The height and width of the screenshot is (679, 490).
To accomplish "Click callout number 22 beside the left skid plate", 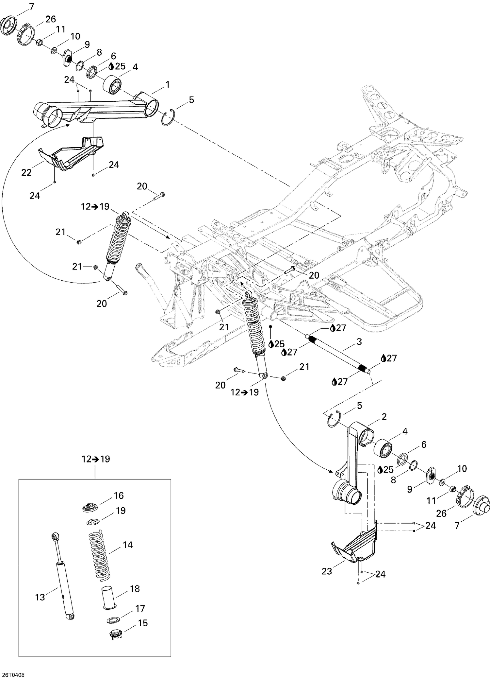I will (x=26, y=172).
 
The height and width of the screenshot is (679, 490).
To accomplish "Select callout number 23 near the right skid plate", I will (x=327, y=571).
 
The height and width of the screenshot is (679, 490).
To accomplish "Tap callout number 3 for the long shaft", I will (x=359, y=342).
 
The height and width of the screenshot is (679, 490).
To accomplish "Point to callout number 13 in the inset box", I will (x=40, y=597).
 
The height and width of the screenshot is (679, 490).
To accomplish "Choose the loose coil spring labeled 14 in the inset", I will (x=100, y=556).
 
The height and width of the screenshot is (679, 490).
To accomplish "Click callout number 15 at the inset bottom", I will (x=142, y=623).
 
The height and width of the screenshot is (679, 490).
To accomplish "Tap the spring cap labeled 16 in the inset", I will (x=90, y=508).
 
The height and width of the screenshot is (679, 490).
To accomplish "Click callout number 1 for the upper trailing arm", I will (x=167, y=85).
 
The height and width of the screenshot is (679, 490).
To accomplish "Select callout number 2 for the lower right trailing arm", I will (x=384, y=417).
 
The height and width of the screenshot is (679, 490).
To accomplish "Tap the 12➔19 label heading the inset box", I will (x=95, y=459).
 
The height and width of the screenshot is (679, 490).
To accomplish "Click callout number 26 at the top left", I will (x=51, y=19).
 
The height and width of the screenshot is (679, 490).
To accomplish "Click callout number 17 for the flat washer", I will (x=140, y=608).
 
